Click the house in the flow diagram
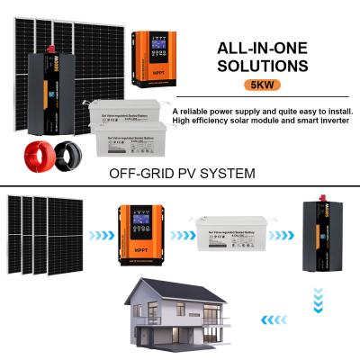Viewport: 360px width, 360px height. [x=180, y=316]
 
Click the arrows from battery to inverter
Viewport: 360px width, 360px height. [x=281, y=236]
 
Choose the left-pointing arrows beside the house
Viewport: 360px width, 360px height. [x=267, y=319]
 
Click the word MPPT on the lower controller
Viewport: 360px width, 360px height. [x=139, y=249]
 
